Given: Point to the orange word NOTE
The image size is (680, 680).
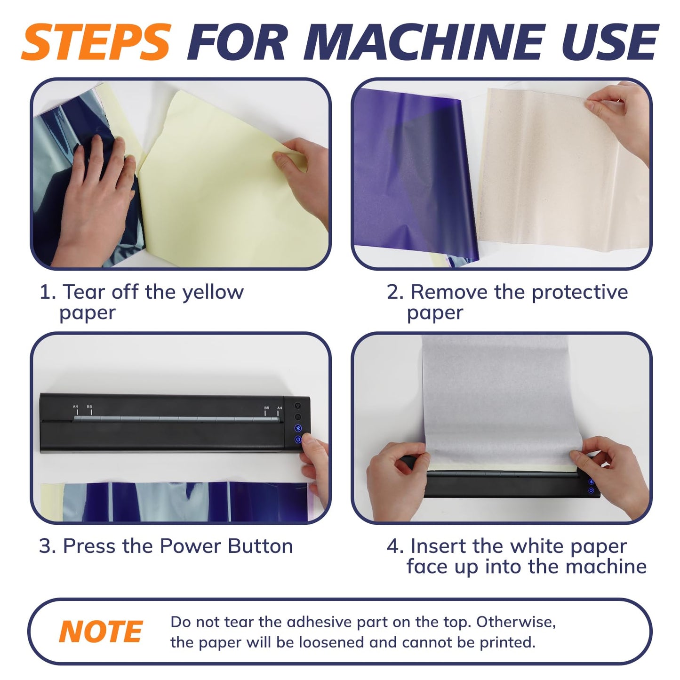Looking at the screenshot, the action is click(101, 632).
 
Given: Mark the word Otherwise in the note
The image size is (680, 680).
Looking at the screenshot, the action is click(516, 622).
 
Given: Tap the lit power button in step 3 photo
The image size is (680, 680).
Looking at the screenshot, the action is click(298, 440).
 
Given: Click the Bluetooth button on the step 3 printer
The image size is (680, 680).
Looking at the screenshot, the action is click(298, 428).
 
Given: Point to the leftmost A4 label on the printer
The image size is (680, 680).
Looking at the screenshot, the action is click(75, 407).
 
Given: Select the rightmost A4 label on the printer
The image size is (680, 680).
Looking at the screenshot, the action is click(280, 408).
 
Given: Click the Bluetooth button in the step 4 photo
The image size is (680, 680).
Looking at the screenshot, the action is click(591, 482).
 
